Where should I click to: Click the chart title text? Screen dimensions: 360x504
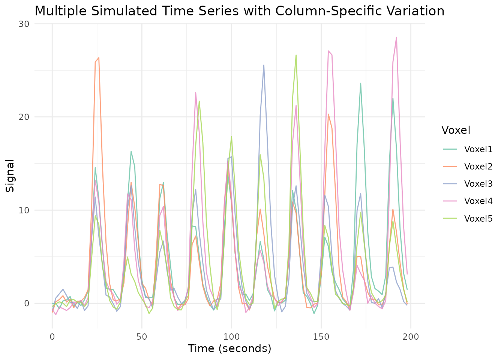click(x=239, y=11)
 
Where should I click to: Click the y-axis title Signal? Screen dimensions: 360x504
click(x=10, y=175)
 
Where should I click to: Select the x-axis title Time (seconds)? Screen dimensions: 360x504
click(x=229, y=348)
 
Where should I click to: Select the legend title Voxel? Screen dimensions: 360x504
click(x=456, y=130)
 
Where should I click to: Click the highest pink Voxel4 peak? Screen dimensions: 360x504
click(x=396, y=37)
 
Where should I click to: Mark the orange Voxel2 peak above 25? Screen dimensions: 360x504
click(x=99, y=58)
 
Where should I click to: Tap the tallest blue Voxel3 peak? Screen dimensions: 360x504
click(x=264, y=65)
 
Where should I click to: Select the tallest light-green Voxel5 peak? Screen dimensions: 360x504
click(x=296, y=55)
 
